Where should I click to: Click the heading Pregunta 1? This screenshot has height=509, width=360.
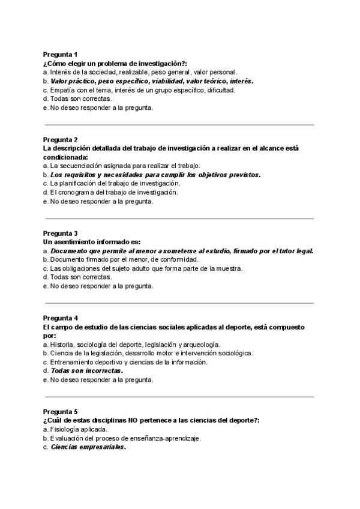pos(60,54)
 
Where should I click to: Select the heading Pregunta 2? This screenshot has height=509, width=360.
pos(60,139)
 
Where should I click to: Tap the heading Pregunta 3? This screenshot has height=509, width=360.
pos(60,233)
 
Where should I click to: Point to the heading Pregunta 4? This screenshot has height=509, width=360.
pos(60,318)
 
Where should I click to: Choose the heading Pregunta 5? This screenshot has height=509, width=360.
pos(60,412)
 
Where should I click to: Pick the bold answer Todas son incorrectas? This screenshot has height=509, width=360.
pos(86,371)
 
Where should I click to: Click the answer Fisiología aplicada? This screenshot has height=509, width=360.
pos(79,429)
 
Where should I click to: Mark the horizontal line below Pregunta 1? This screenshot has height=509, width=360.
pos(180,125)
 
